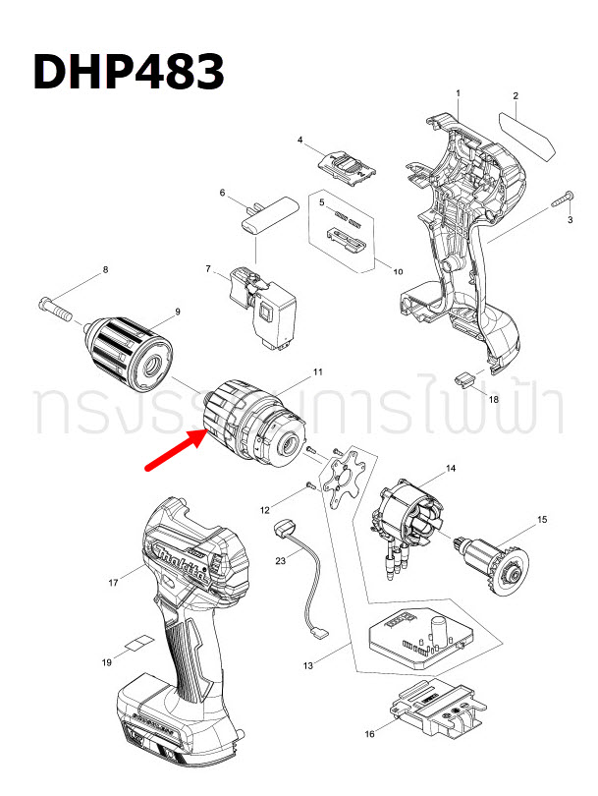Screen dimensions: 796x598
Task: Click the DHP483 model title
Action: point(129,72)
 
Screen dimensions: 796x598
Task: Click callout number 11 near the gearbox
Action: point(317,371)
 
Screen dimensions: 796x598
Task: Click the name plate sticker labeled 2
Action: point(528,135)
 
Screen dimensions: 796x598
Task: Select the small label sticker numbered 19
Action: point(137,643)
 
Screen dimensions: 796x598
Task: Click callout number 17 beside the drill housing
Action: point(113,584)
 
